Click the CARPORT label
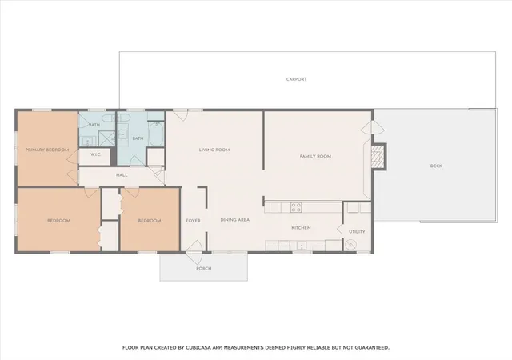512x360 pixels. [x=297, y=79]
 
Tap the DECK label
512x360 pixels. [x=436, y=166]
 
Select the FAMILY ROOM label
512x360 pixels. [x=315, y=157]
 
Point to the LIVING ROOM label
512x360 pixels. [x=214, y=150]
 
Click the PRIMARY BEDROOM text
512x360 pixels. [x=47, y=150]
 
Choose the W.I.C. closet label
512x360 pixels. [x=96, y=154]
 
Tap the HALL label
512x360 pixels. [x=122, y=175]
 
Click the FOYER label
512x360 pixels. [x=193, y=221]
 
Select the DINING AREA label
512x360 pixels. [x=235, y=220]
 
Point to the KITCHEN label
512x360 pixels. [x=301, y=228]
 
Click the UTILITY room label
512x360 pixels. [x=357, y=232]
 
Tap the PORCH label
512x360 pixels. [x=204, y=269]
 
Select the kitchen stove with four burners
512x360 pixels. [x=296, y=207]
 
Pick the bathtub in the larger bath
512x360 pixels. [x=157, y=134]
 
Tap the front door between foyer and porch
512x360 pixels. [x=194, y=252]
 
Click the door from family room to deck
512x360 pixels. [x=373, y=127]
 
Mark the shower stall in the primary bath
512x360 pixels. [x=106, y=138]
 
